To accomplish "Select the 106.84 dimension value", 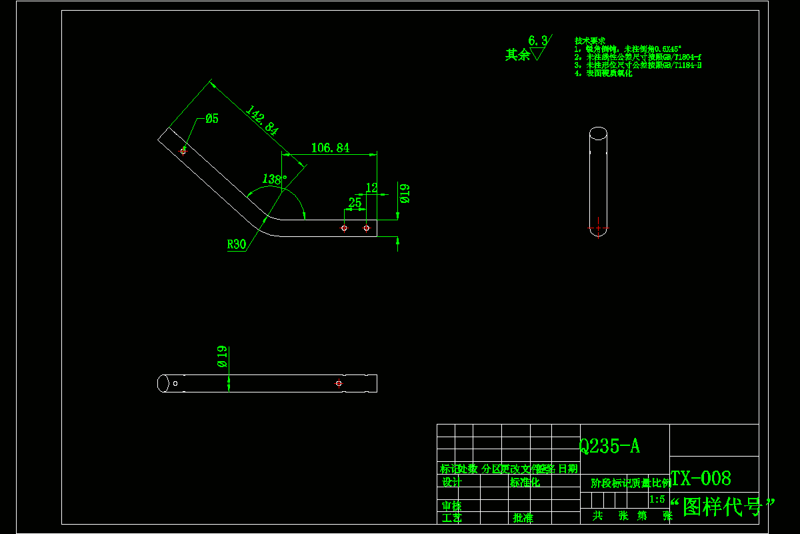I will click(x=330, y=148).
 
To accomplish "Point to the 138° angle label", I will click(x=274, y=179).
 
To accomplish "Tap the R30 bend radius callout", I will click(x=236, y=244).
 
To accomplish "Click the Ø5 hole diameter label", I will click(x=212, y=119).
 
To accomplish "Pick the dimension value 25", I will click(x=355, y=202).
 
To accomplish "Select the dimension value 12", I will click(x=371, y=188).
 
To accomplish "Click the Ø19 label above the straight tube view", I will click(x=222, y=356).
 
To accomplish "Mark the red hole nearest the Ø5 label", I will click(x=183, y=151).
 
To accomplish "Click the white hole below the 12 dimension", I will click(x=366, y=228).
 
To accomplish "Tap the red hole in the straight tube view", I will click(x=339, y=383).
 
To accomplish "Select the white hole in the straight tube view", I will click(x=175, y=383).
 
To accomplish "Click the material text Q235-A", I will click(x=609, y=447).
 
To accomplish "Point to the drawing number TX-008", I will click(x=701, y=478).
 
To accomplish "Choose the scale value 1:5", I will click(x=657, y=499).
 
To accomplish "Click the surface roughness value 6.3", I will click(x=537, y=41).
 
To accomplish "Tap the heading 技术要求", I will click(x=589, y=41).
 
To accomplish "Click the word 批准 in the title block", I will click(x=523, y=517).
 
